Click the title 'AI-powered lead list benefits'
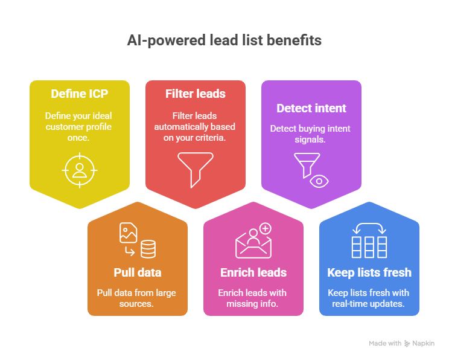point(224,40)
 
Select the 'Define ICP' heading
point(80,94)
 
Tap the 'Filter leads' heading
point(195,94)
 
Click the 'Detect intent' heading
point(311,109)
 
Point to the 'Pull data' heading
point(138,272)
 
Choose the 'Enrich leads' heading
point(253,272)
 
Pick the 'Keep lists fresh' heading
point(369,272)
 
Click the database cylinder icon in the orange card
point(148,248)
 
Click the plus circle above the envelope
point(264,229)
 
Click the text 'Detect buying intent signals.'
point(311,133)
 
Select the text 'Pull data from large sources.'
point(137,298)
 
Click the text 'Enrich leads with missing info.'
point(253,298)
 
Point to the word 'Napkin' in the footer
point(424,343)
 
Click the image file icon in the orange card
point(128,232)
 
